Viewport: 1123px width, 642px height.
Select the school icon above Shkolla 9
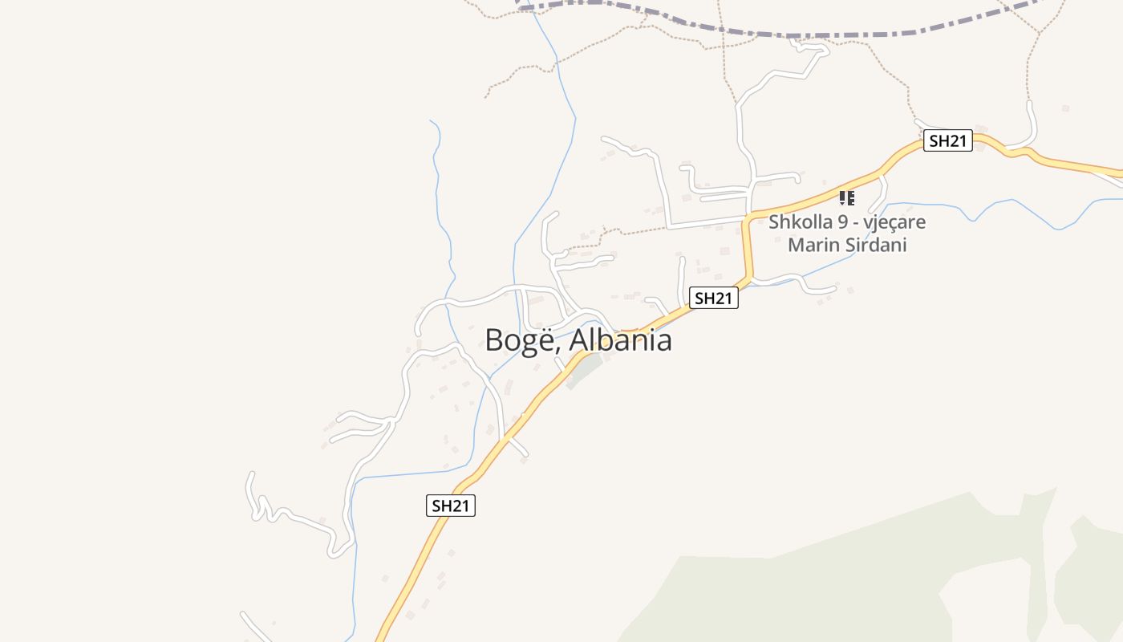(x=846, y=197)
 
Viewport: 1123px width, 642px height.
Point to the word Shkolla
(x=797, y=221)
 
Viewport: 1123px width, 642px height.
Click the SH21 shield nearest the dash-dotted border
(x=947, y=141)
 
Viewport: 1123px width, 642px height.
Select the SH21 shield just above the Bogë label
(x=713, y=299)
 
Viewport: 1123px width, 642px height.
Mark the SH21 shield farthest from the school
(x=450, y=506)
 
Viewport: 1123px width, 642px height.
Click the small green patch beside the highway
(x=586, y=371)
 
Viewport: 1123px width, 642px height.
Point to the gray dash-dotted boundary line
(x=802, y=35)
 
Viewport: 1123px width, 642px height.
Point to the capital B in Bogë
(x=494, y=340)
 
